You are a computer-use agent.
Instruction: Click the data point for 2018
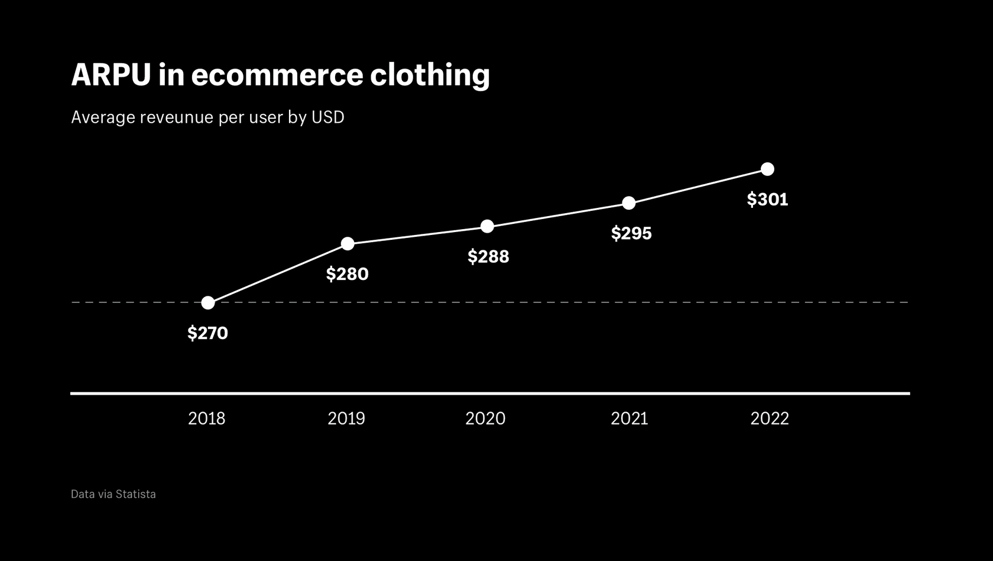pyautogui.click(x=208, y=303)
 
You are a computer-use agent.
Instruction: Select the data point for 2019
pyautogui.click(x=348, y=244)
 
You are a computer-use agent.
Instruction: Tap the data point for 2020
pyautogui.click(x=487, y=227)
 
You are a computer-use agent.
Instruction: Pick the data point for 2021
pyautogui.click(x=629, y=203)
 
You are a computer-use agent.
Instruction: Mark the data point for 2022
pyautogui.click(x=767, y=169)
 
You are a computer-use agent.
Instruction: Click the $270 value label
pyautogui.click(x=207, y=333)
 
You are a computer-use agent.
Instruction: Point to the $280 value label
pyautogui.click(x=348, y=274)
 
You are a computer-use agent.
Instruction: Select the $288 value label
pyautogui.click(x=488, y=257)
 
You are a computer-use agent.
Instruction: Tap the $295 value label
pyautogui.click(x=631, y=233)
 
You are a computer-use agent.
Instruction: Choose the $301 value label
pyautogui.click(x=767, y=200)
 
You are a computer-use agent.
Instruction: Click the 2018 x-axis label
pyautogui.click(x=206, y=419)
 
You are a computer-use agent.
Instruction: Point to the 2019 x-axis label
pyautogui.click(x=346, y=419)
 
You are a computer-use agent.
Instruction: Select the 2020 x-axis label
pyautogui.click(x=485, y=419)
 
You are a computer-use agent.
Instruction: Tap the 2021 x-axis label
pyautogui.click(x=629, y=419)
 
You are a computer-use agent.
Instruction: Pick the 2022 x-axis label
pyautogui.click(x=770, y=419)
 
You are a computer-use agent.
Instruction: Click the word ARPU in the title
pyautogui.click(x=111, y=75)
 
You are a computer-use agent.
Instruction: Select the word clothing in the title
pyautogui.click(x=430, y=75)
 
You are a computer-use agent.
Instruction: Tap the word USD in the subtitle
pyautogui.click(x=327, y=118)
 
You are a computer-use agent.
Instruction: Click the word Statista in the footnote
pyautogui.click(x=135, y=494)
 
